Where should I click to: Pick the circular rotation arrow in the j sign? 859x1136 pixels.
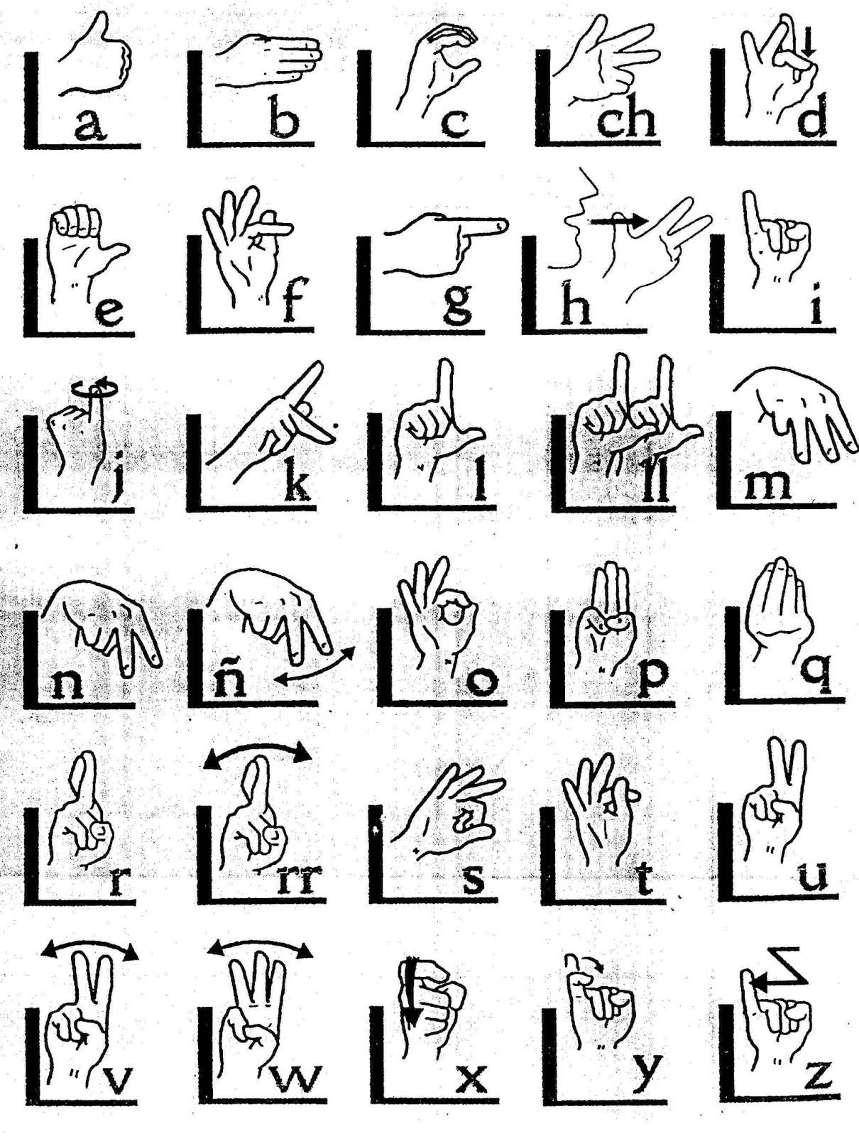tap(96, 388)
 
